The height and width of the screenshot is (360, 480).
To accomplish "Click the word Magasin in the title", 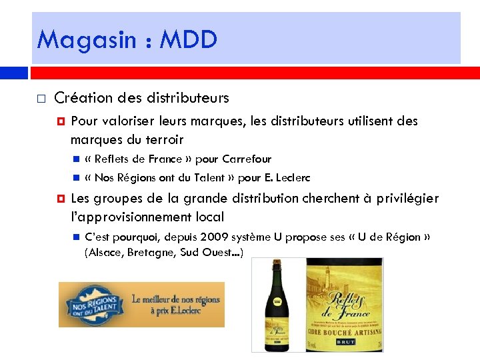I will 71,40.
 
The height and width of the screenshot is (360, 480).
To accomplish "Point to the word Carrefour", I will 247,159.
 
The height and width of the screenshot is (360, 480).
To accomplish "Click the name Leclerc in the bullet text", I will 292,178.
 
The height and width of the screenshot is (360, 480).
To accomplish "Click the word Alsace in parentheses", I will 105,252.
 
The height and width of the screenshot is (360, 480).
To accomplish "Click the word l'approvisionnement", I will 147,217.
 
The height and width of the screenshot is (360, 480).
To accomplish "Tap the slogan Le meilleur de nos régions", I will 176,299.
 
